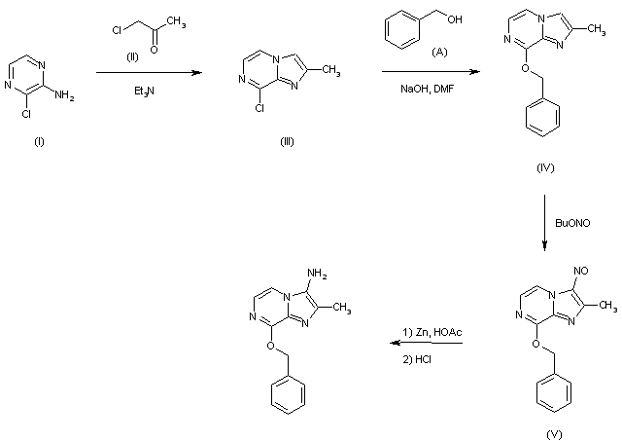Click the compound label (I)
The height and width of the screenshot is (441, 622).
point(40,141)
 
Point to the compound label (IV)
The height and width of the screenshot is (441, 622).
point(545,167)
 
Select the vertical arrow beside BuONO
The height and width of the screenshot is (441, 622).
point(544,223)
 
